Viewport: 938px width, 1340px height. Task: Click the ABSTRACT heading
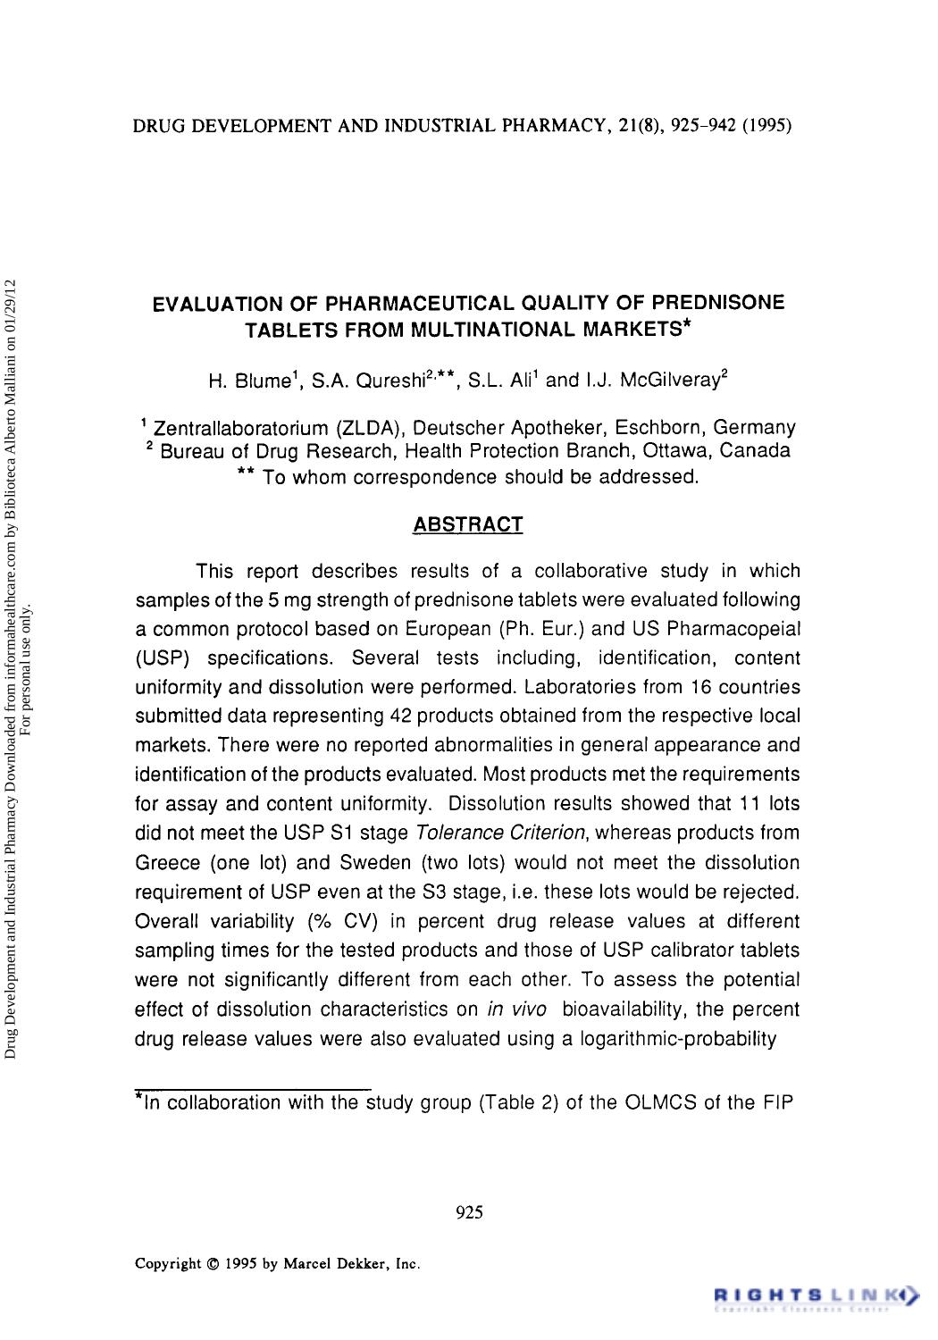(467, 524)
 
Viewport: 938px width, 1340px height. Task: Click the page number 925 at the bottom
(469, 1212)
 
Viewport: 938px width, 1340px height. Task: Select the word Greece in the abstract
(168, 863)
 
